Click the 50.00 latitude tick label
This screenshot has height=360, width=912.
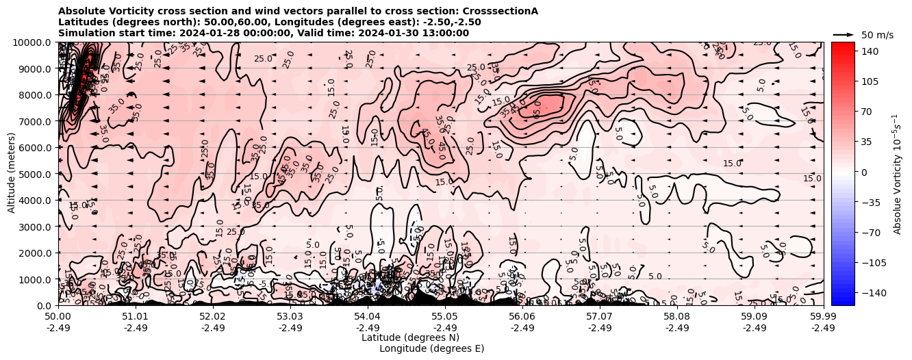click(x=58, y=317)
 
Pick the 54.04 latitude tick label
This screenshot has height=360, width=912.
click(x=368, y=317)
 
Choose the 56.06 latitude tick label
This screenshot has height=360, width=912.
click(x=522, y=317)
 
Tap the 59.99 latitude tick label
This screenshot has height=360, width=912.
click(x=823, y=317)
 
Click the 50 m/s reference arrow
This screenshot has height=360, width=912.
click(x=843, y=34)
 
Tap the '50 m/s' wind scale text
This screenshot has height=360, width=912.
click(x=877, y=35)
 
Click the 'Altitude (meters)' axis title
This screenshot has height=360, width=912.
click(x=12, y=173)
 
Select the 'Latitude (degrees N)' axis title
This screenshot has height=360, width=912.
click(x=410, y=337)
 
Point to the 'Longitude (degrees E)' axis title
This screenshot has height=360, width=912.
click(x=431, y=348)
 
